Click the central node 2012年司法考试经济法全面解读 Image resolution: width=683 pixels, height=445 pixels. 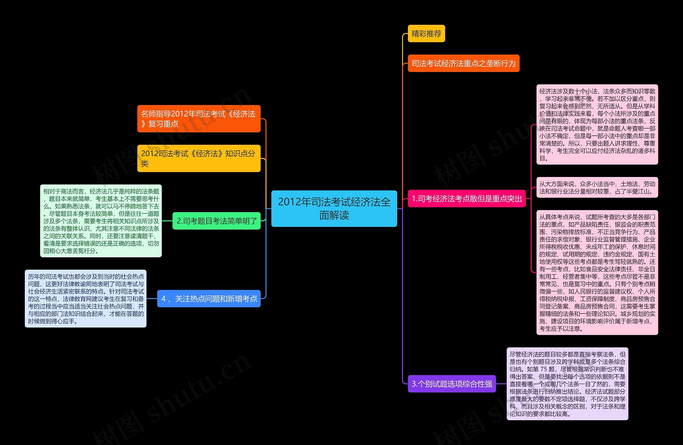334,209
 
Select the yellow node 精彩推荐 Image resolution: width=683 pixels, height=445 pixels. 426,34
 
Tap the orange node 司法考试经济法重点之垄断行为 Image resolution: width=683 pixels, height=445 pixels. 463,63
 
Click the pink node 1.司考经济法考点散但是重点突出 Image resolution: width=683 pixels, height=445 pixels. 466,198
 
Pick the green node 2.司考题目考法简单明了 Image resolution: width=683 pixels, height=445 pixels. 216,221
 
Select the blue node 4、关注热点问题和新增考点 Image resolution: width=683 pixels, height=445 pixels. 209,299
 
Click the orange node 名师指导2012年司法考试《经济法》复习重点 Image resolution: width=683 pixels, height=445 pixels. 198,119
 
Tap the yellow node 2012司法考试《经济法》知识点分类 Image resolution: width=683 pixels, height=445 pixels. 198,158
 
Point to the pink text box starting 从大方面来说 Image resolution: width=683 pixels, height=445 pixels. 597,187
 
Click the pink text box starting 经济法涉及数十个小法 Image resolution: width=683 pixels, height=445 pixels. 597,125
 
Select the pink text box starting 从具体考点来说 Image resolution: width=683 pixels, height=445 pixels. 597,272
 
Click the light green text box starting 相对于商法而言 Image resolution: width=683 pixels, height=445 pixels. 101,221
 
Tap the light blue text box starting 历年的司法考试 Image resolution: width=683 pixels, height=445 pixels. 86,298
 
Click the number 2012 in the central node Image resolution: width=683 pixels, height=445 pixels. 289,202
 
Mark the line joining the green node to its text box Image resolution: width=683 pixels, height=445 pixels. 167,221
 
